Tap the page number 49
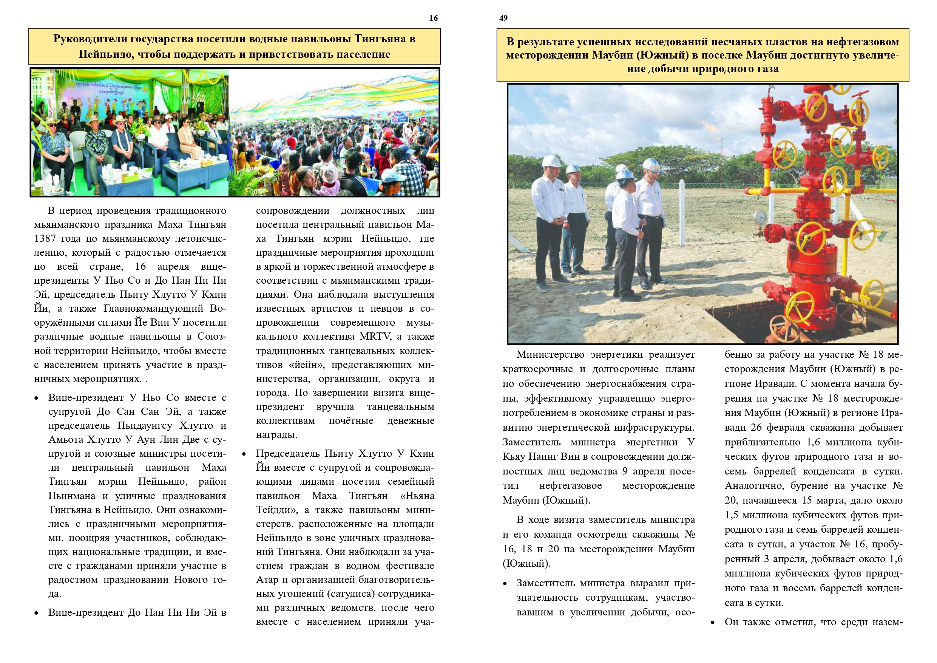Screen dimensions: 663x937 click(503, 18)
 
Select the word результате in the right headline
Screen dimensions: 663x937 click(549, 42)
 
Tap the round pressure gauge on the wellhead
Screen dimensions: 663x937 click(759, 216)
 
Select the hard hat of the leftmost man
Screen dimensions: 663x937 click(551, 161)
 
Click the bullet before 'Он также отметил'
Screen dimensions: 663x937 click(713, 623)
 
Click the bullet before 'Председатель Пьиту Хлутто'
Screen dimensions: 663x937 click(244, 454)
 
